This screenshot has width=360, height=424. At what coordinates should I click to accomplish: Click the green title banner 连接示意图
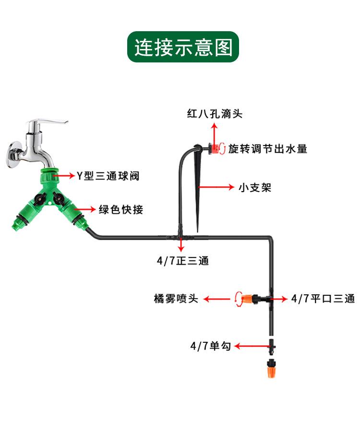(x=183, y=47)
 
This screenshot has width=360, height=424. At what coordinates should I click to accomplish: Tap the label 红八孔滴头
(x=215, y=114)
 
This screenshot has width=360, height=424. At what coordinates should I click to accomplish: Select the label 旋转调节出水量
(x=267, y=149)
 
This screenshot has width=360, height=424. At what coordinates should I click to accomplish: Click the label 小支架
(x=255, y=187)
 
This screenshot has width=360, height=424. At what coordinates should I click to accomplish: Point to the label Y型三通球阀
(x=108, y=176)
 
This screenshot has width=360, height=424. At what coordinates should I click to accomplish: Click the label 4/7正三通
(x=182, y=261)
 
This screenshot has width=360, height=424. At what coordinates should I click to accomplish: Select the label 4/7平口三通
(x=323, y=299)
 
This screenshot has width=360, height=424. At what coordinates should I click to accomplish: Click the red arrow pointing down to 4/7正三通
(x=181, y=245)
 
